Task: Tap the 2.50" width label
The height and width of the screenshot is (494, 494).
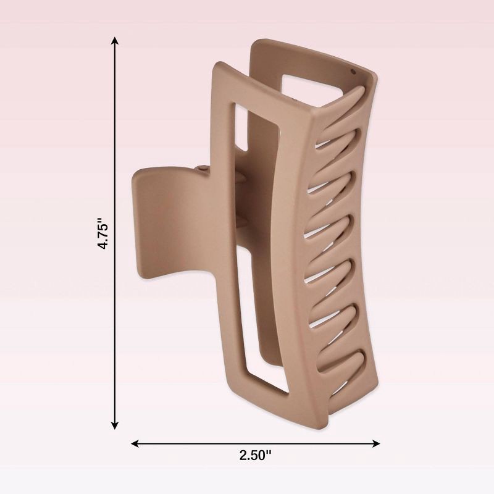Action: click(255, 456)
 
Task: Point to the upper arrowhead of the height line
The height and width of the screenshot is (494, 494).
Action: click(115, 41)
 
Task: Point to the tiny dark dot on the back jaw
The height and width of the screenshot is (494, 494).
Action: click(353, 72)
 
